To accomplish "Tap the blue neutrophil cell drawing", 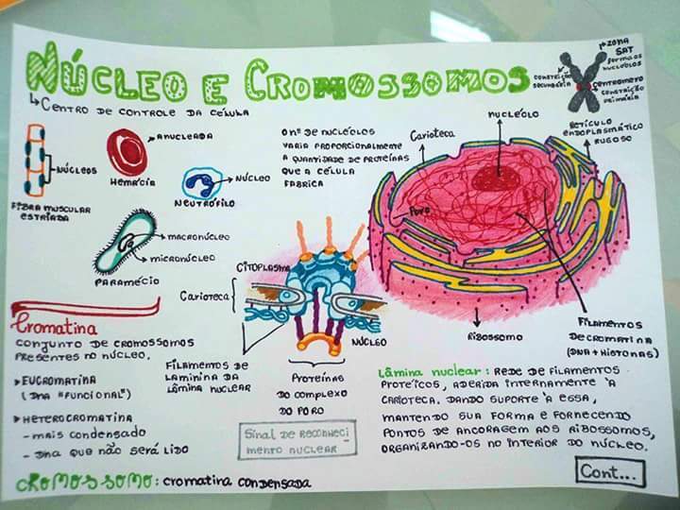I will click(x=201, y=182).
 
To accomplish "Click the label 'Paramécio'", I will click(x=126, y=281).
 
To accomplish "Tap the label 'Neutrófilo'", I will click(x=204, y=203).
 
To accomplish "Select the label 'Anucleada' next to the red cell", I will click(x=184, y=136).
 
